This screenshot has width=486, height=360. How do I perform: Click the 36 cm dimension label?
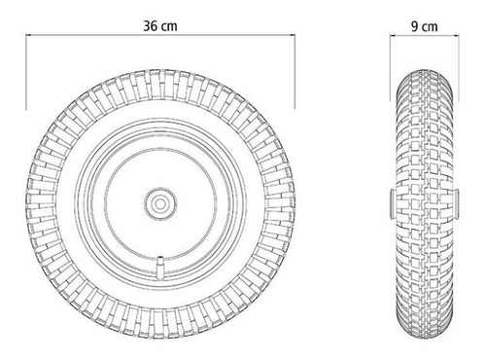coord(160,26)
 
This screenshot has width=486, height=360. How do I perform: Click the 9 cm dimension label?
coord(425,26)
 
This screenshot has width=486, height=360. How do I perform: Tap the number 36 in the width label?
coord(151,26)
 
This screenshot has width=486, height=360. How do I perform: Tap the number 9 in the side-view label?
coord(415,26)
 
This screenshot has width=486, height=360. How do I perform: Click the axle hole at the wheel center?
coord(160,204)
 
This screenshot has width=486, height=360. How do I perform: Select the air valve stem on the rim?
coord(160,267)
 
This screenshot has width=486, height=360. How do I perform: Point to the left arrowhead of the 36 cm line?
coord(28,35)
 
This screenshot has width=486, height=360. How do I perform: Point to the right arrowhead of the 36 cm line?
coord(293,35)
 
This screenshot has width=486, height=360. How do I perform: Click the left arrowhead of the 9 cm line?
coord(393,35)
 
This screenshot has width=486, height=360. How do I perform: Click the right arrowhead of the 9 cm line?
coord(456,35)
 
